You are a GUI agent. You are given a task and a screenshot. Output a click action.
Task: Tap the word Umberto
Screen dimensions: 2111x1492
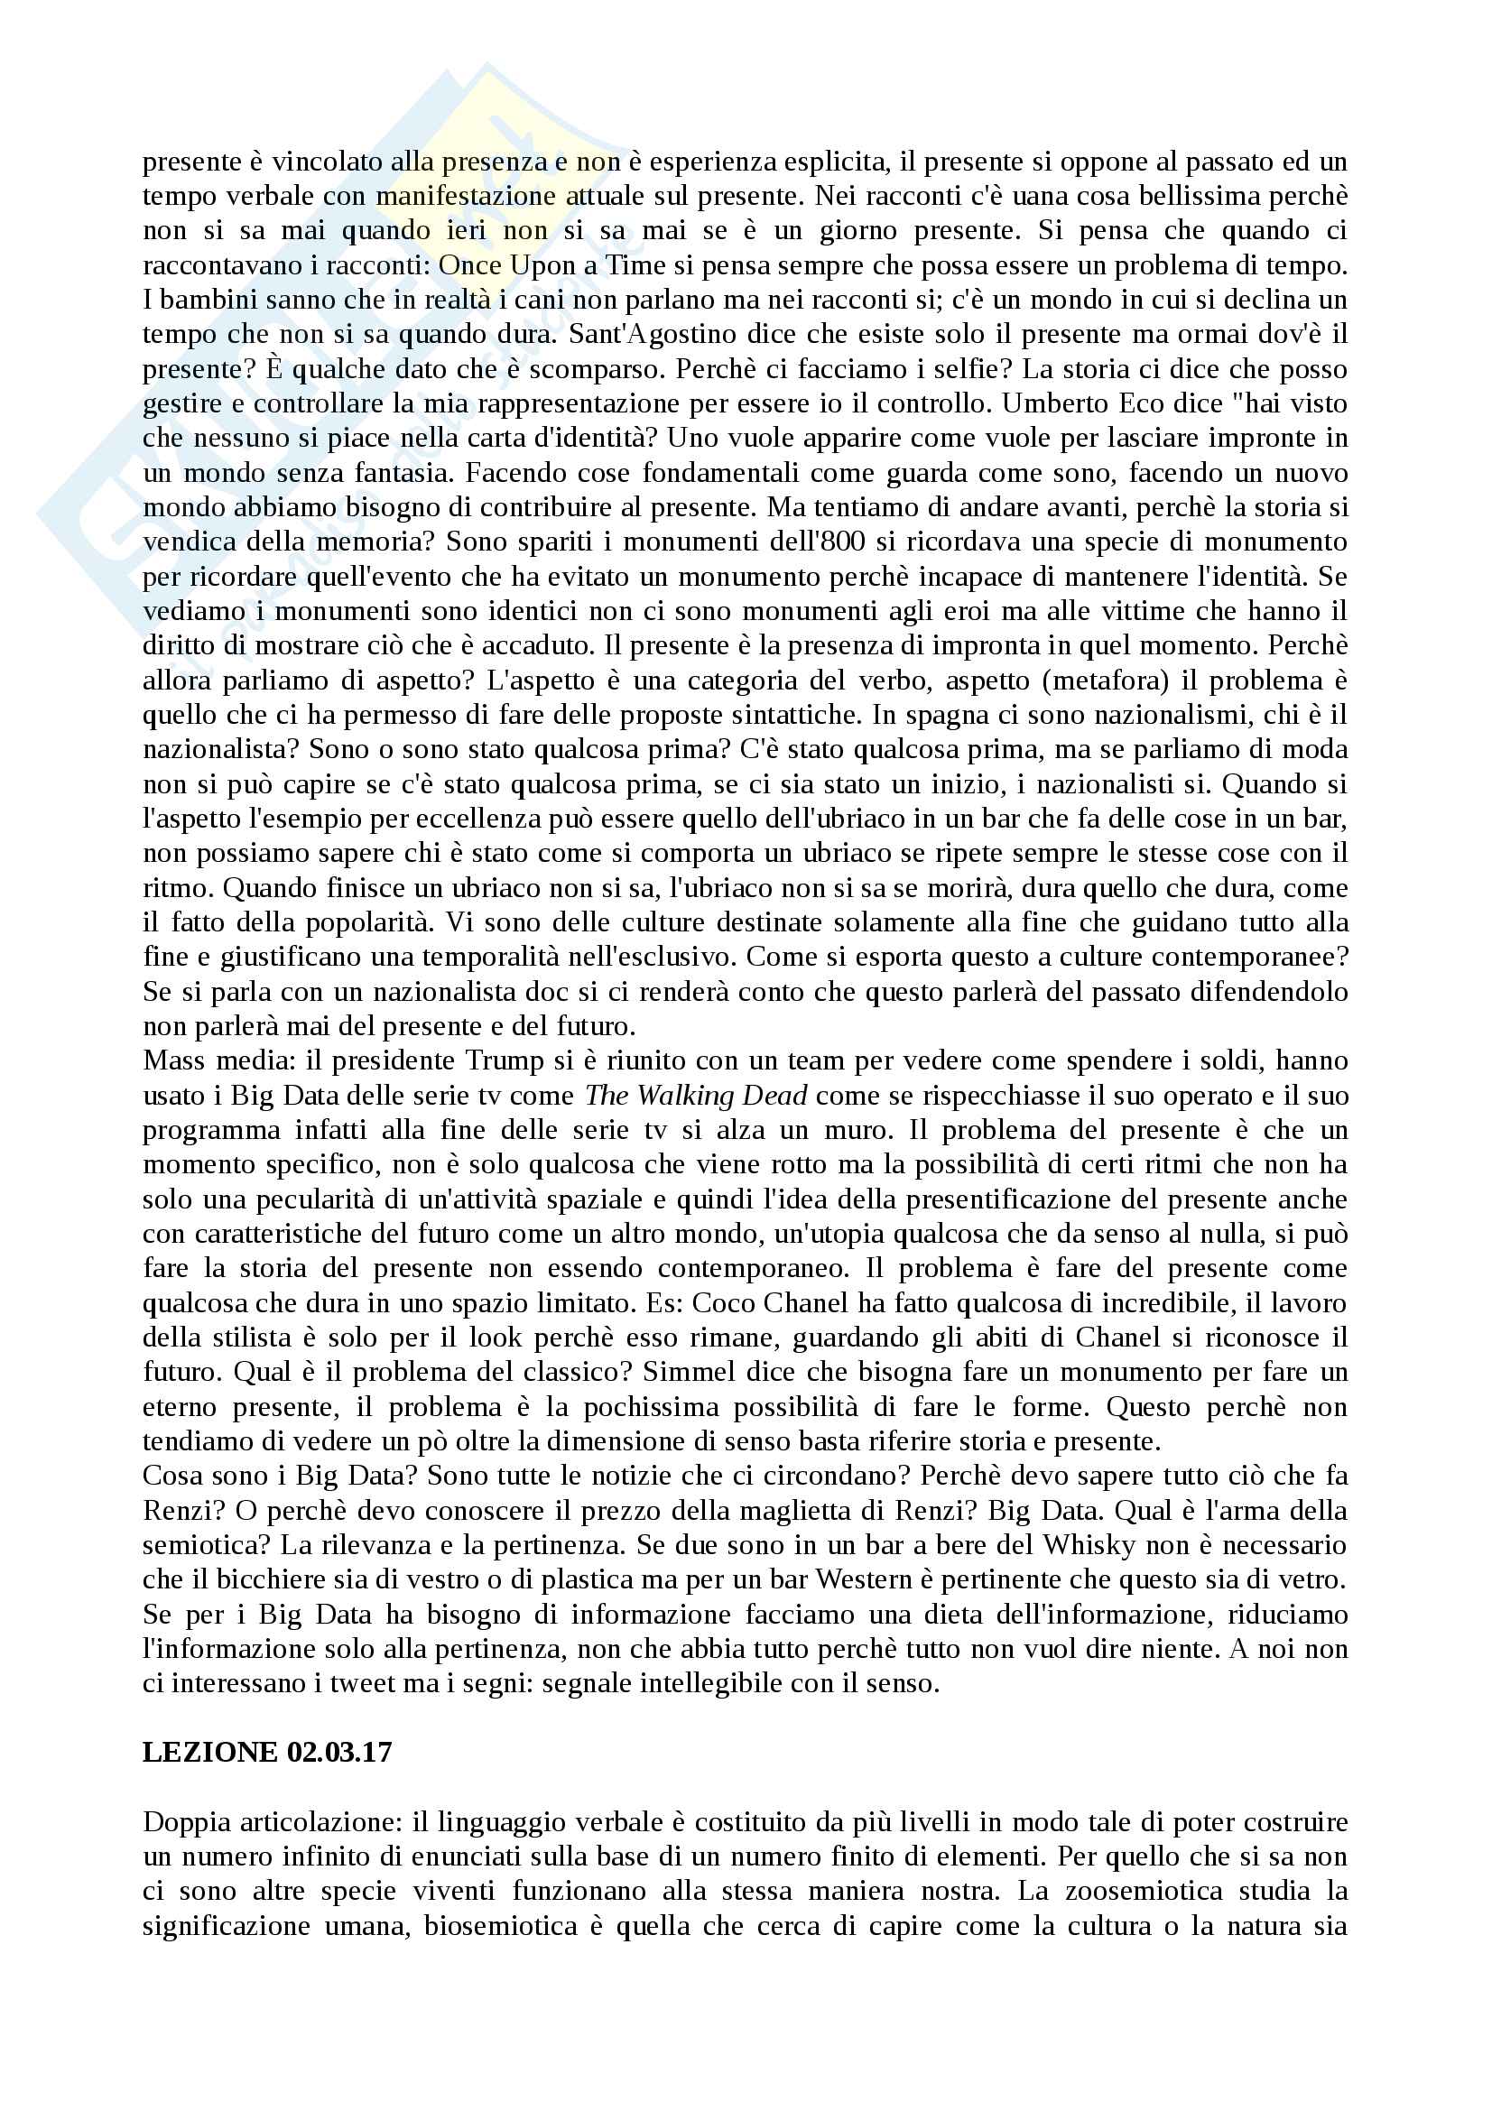(1053, 403)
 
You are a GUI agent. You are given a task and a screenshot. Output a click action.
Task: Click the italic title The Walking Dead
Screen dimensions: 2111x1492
(696, 1095)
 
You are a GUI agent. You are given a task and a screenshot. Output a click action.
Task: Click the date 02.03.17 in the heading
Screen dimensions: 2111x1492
(339, 1753)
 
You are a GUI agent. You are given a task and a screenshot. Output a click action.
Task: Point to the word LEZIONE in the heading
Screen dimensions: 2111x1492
(210, 1753)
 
